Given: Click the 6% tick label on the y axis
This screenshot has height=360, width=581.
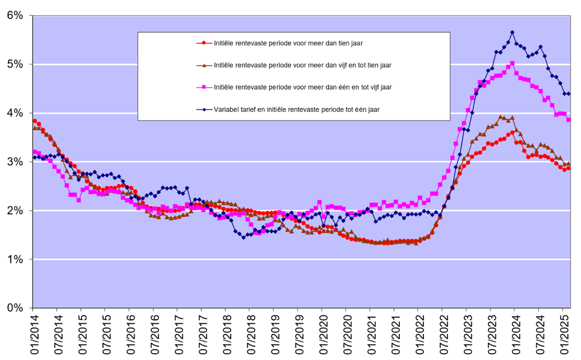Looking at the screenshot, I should pos(15,16).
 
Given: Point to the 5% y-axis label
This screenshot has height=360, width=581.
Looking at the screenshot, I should pos(15,64).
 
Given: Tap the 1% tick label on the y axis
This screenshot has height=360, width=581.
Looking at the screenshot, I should pos(15,259).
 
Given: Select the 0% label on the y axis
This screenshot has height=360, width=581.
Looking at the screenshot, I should pos(15,308).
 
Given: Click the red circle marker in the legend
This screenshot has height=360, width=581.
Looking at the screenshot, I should pos(203,43).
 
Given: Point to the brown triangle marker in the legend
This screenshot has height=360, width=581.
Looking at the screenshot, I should pos(203,65).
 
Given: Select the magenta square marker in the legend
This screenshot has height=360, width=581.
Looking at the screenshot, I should pos(203,87).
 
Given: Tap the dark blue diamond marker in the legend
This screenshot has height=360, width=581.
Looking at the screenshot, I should pos(203,109).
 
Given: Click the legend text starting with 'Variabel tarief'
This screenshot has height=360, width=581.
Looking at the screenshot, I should pos(296,109).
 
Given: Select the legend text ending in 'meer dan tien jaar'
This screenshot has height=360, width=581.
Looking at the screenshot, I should pos(288,43).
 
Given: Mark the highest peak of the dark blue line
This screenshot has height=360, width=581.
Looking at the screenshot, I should pos(512,32).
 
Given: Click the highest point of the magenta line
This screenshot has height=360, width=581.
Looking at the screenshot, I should pos(512,64).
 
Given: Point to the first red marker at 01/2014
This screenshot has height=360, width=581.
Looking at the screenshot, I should pos(35,121).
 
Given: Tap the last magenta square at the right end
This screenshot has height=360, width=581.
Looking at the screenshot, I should pos(569,120).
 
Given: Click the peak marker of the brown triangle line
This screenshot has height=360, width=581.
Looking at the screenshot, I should pos(500,117).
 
